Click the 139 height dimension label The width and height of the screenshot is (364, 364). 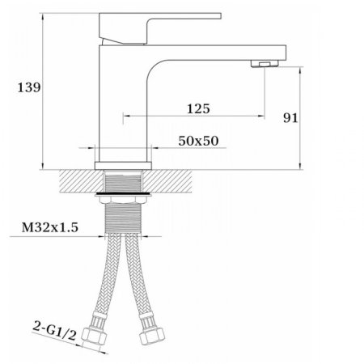pyautogui.click(x=29, y=87)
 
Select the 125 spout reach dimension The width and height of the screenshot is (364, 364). pyautogui.click(x=198, y=108)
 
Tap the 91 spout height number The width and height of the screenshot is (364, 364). pyautogui.click(x=290, y=118)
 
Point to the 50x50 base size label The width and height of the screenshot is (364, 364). pyautogui.click(x=198, y=141)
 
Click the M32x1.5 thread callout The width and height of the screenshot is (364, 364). pyautogui.click(x=50, y=227)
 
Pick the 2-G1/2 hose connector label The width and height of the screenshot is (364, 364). pyautogui.click(x=54, y=330)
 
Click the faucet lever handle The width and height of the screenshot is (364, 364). pyautogui.click(x=160, y=28)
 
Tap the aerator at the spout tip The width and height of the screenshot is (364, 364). pyautogui.click(x=265, y=64)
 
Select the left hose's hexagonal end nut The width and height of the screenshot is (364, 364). pyautogui.click(x=94, y=336)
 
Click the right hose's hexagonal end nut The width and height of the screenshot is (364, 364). pyautogui.click(x=151, y=336)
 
